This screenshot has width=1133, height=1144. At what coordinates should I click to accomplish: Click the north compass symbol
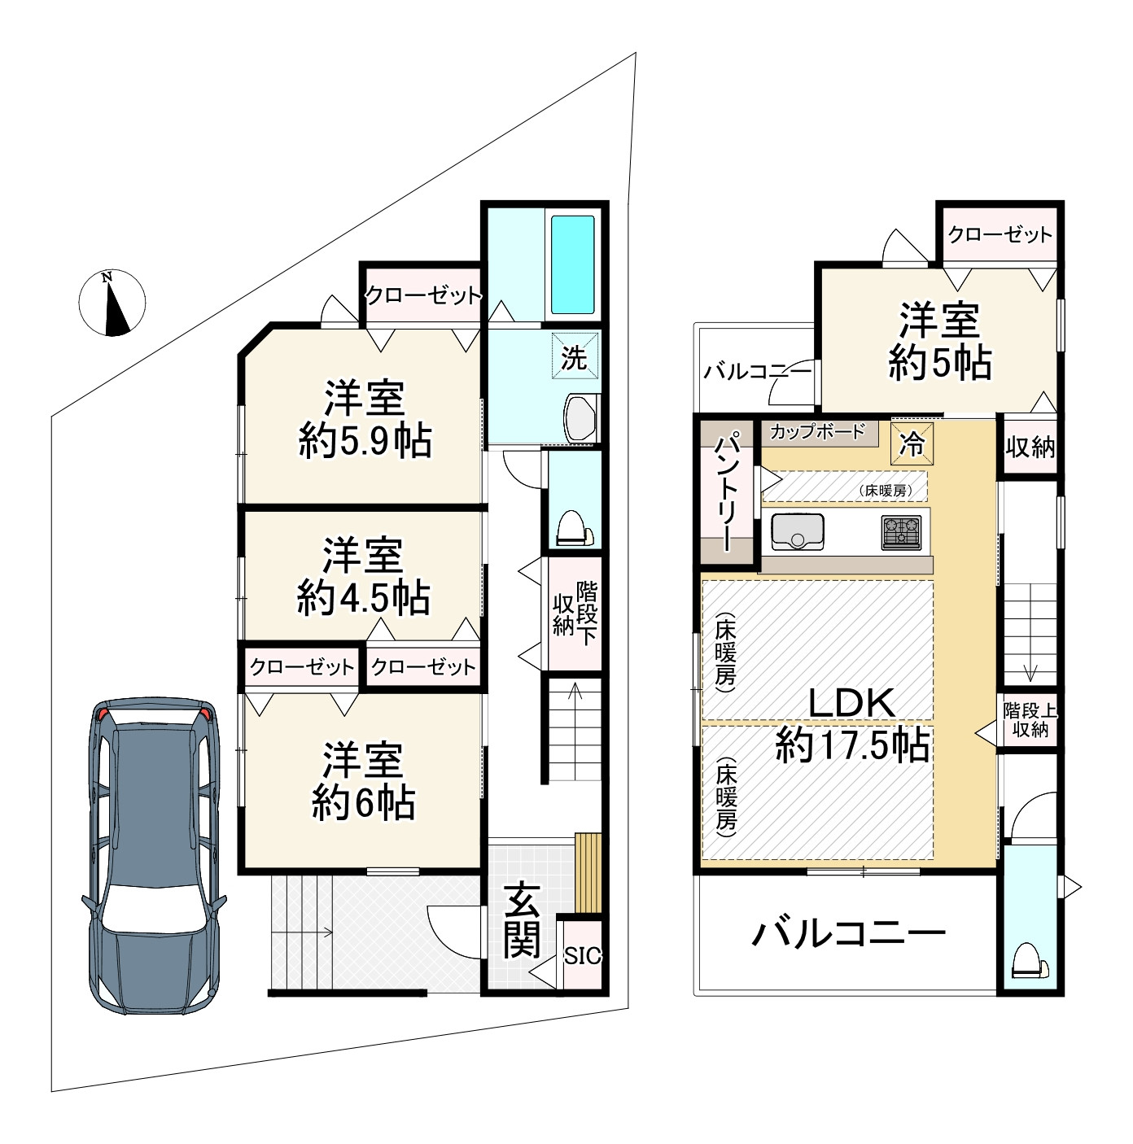(x=112, y=302)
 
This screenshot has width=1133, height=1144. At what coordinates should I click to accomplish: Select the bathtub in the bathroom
(x=573, y=264)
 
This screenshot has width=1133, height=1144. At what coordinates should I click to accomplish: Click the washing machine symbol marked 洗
(x=574, y=357)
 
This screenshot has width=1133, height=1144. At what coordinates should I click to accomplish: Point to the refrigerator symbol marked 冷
(x=912, y=444)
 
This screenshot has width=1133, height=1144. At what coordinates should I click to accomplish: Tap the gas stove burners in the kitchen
(x=901, y=533)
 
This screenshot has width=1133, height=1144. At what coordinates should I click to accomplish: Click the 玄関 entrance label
(x=522, y=919)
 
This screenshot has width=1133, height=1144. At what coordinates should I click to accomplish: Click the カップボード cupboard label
(x=817, y=432)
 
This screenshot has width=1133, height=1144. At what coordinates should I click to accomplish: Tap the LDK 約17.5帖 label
(x=852, y=724)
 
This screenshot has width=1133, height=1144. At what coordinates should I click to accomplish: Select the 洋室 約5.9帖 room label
(x=365, y=420)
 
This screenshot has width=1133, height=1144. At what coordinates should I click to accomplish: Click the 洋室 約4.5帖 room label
(x=363, y=577)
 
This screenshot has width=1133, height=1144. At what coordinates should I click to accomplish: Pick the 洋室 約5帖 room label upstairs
(x=939, y=342)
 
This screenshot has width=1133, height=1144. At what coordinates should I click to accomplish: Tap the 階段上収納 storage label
(x=1030, y=719)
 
